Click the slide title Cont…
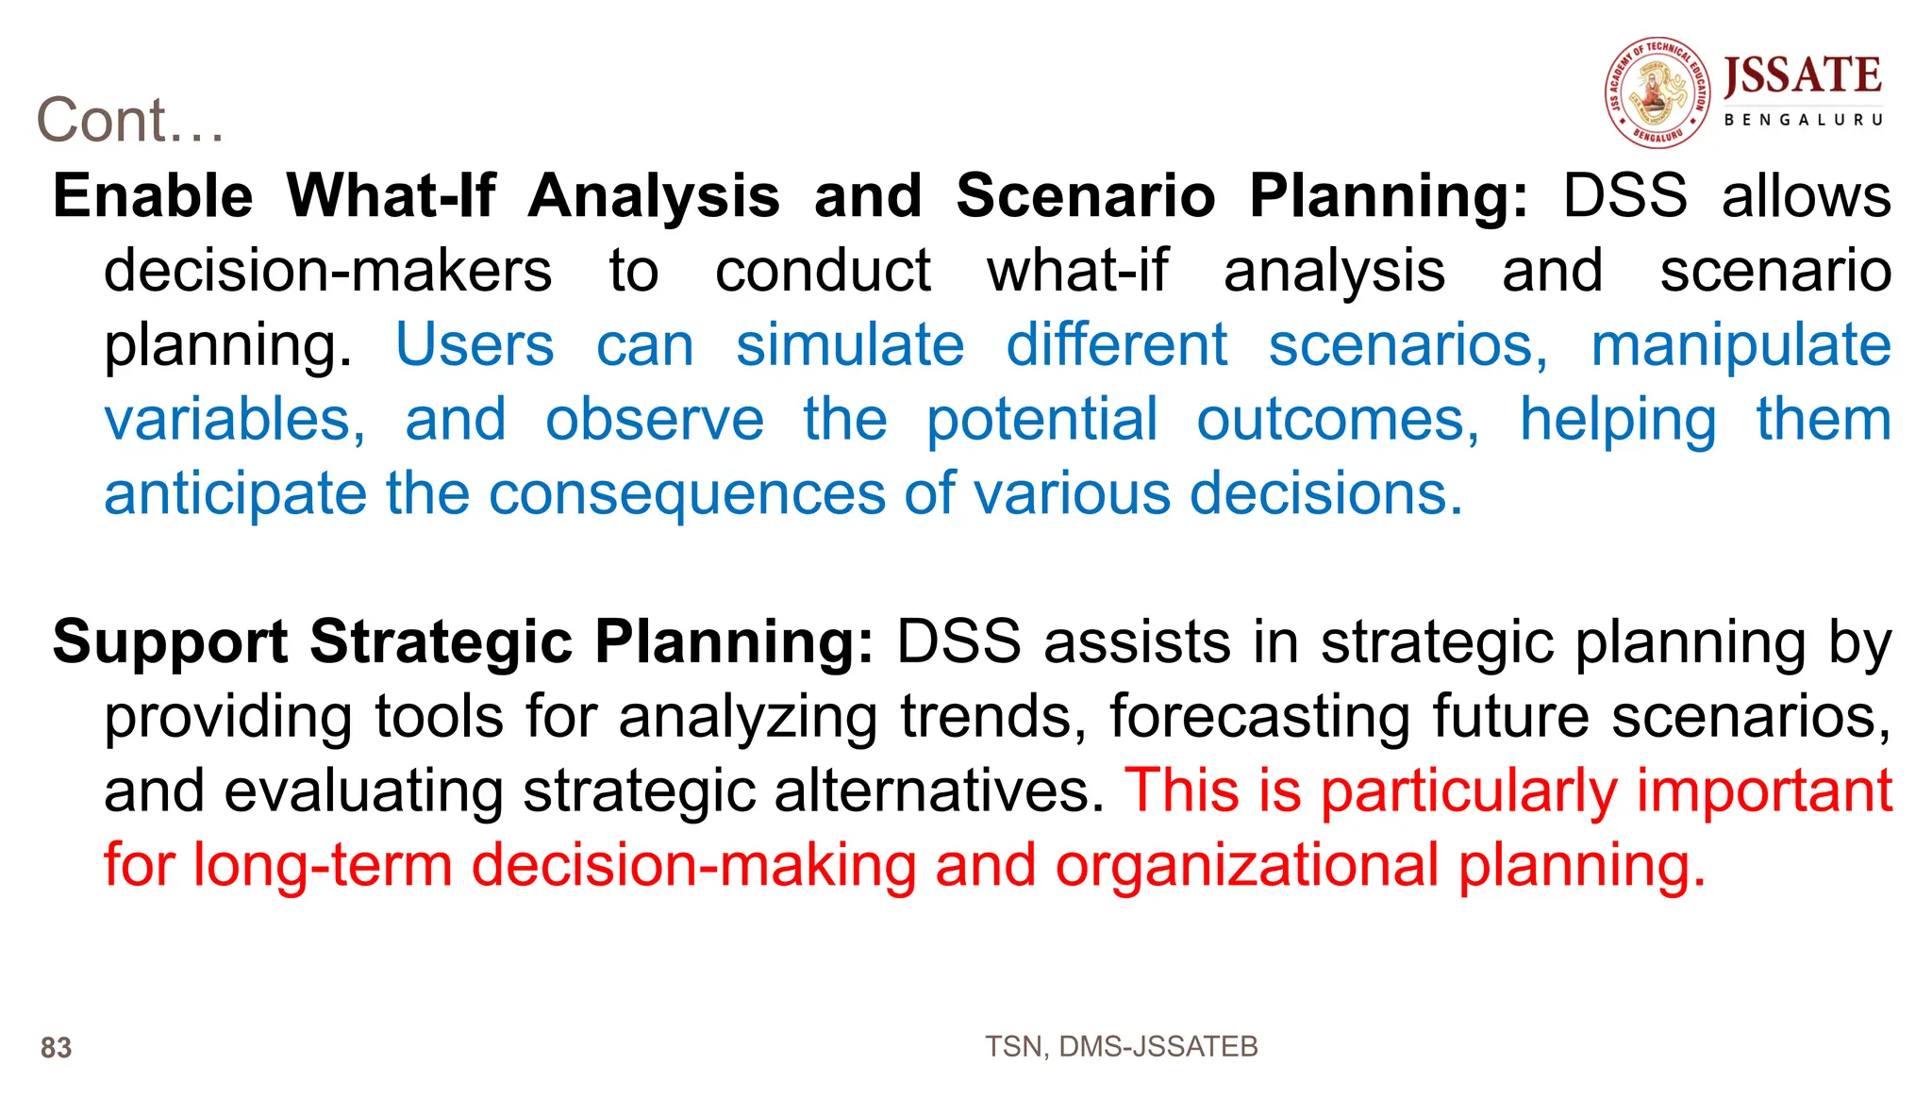point(130,121)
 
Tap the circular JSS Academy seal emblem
point(1657,92)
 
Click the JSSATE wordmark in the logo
point(1803,76)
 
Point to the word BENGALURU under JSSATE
point(1803,120)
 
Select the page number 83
point(56,1048)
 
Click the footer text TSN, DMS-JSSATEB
point(1121,1046)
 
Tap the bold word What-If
point(391,196)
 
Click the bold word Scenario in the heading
point(1086,196)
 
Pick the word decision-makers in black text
point(327,272)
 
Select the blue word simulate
point(850,345)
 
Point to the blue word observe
point(655,420)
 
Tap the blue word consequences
point(687,494)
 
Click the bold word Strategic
point(441,643)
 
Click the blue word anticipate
point(235,494)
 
